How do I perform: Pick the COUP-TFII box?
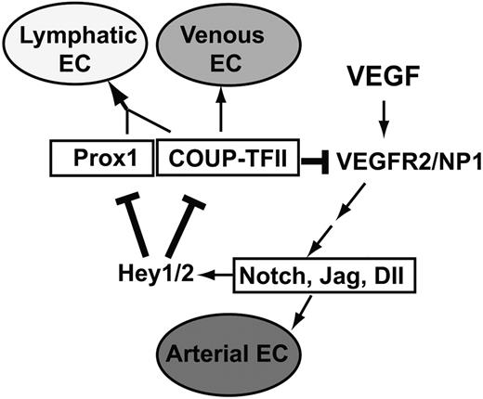(215, 159)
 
